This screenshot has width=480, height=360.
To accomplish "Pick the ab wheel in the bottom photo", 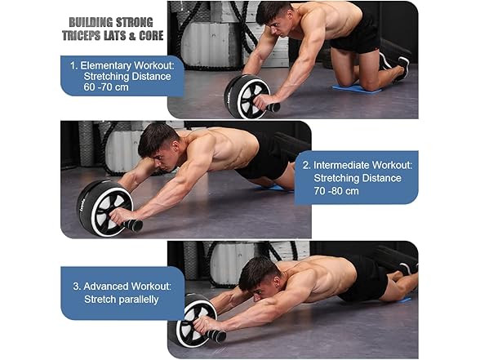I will pos(193,322).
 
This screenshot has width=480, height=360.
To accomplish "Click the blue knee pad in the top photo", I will pos(357,87).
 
